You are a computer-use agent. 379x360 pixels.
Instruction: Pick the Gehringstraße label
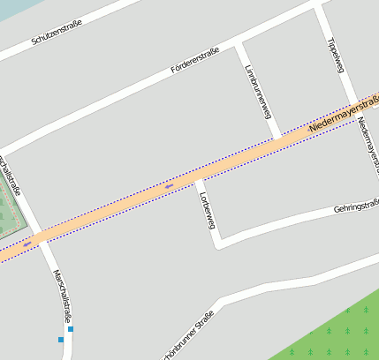[x=356, y=207]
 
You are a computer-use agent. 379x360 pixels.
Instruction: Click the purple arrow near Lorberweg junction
[x=170, y=186]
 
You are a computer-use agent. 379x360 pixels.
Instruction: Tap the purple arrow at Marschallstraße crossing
[x=28, y=242]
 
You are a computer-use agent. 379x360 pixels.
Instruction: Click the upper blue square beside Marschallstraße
[x=71, y=329]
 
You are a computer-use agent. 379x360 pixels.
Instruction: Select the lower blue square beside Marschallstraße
[x=61, y=339]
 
